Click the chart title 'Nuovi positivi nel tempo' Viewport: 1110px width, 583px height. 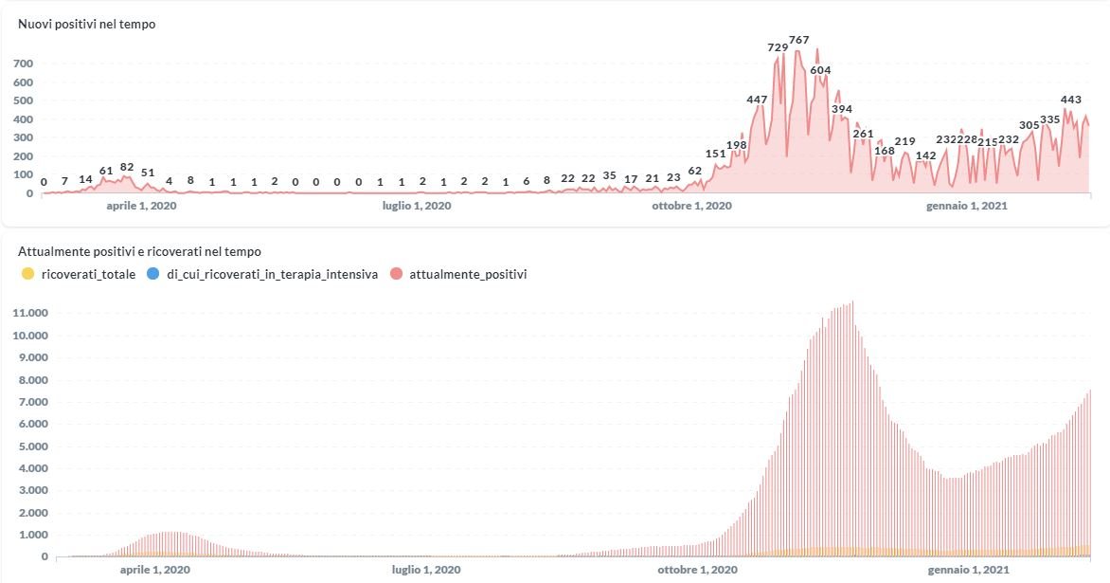[87, 24]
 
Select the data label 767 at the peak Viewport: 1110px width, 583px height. [799, 40]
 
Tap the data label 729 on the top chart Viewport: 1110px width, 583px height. [778, 46]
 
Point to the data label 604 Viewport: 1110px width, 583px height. [820, 70]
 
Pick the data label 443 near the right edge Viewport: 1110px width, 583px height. [1071, 100]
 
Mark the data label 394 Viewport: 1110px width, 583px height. [841, 109]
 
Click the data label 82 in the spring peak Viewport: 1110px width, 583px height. [127, 167]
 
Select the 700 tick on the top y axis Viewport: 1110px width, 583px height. [24, 64]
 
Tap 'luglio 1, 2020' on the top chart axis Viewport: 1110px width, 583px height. [417, 205]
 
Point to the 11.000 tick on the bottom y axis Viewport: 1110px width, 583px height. [32, 313]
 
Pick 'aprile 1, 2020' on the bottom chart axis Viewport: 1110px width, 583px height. [154, 570]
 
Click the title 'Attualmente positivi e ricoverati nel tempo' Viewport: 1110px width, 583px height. [140, 251]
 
